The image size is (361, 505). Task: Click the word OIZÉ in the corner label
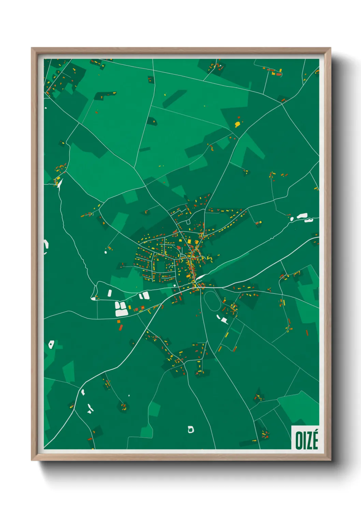coord(306,440)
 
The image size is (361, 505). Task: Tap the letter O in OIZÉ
coord(299,441)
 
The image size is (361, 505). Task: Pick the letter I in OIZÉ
coord(304,441)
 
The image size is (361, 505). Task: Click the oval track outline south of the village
coord(212,301)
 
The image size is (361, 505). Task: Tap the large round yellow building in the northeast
coord(237,124)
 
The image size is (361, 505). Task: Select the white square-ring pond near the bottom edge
coord(191,429)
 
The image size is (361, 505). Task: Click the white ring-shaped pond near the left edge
coord(51,344)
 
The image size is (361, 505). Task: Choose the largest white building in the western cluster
coord(121,312)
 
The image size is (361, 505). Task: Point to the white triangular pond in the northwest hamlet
coord(60,184)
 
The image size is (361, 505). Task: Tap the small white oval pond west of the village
coord(106,252)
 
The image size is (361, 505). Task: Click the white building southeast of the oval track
coord(224,320)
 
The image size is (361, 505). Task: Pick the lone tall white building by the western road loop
coord(110,293)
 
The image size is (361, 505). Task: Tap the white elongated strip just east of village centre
coord(201,277)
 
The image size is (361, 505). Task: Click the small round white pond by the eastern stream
coord(292,219)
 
